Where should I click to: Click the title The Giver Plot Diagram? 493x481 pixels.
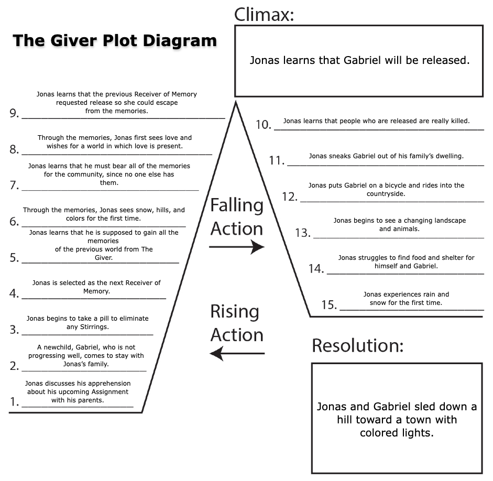[114, 40]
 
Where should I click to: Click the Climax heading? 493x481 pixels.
[264, 14]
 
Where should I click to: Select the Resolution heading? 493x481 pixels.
[358, 345]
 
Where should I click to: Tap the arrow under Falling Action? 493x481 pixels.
[237, 246]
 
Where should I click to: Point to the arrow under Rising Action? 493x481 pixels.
[237, 354]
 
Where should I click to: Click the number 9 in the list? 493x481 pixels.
[14, 114]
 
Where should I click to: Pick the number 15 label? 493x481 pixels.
[328, 305]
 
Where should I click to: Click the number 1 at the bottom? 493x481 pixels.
[14, 402]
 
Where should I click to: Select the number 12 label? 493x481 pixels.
[289, 197]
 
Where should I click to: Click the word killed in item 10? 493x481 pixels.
[459, 121]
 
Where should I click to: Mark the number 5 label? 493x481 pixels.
[14, 258]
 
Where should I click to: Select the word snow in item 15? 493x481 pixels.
[378, 303]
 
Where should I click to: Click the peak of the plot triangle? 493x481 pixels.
[236, 102]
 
